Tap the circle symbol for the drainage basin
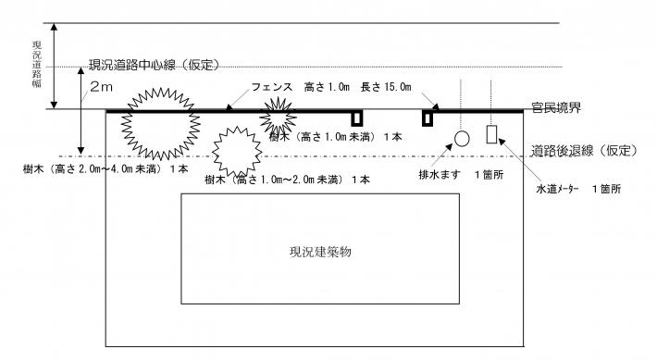(462, 139)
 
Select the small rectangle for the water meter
(492, 134)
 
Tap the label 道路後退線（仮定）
(580, 152)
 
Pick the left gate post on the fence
(355, 118)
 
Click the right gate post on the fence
(428, 118)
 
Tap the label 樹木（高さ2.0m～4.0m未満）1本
(106, 170)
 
